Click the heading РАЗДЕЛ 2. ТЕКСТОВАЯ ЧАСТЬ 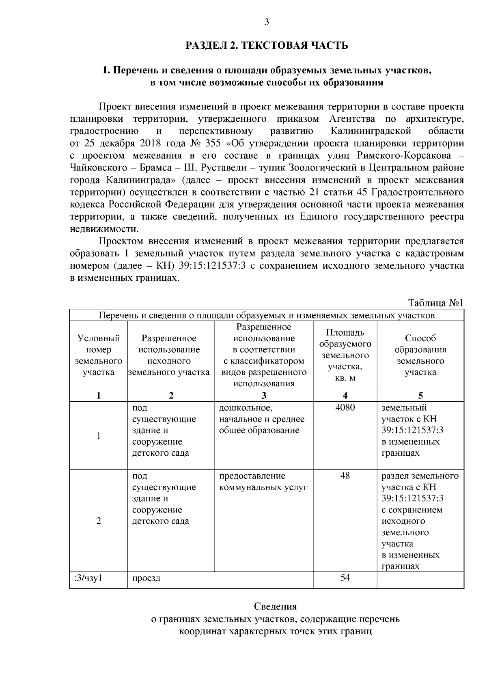[x=267, y=45]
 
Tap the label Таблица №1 [x=435, y=303]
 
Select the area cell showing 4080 [x=345, y=407]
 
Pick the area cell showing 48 [x=345, y=476]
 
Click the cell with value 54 [x=345, y=577]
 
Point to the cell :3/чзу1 [x=88, y=577]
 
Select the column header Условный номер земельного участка [x=99, y=355]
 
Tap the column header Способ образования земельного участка [x=420, y=355]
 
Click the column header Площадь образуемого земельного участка [x=345, y=355]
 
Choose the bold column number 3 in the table [x=264, y=396]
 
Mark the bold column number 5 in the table [x=420, y=396]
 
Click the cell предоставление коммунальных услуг [x=263, y=481]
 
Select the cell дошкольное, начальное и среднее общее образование [x=262, y=419]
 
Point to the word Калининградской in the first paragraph [x=371, y=131]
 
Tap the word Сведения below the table [x=275, y=607]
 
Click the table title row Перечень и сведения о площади [x=267, y=315]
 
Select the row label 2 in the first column [x=99, y=521]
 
